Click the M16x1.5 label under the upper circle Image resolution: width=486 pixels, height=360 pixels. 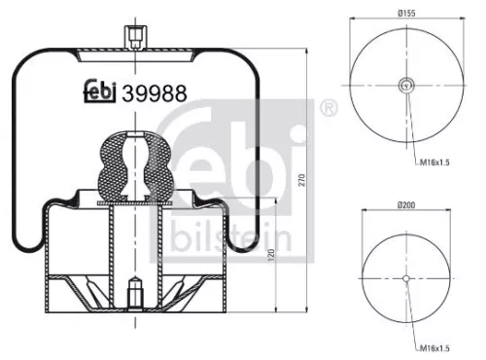point(435,166)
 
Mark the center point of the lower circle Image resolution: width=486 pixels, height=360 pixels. point(406,278)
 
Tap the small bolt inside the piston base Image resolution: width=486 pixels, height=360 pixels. point(134,290)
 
